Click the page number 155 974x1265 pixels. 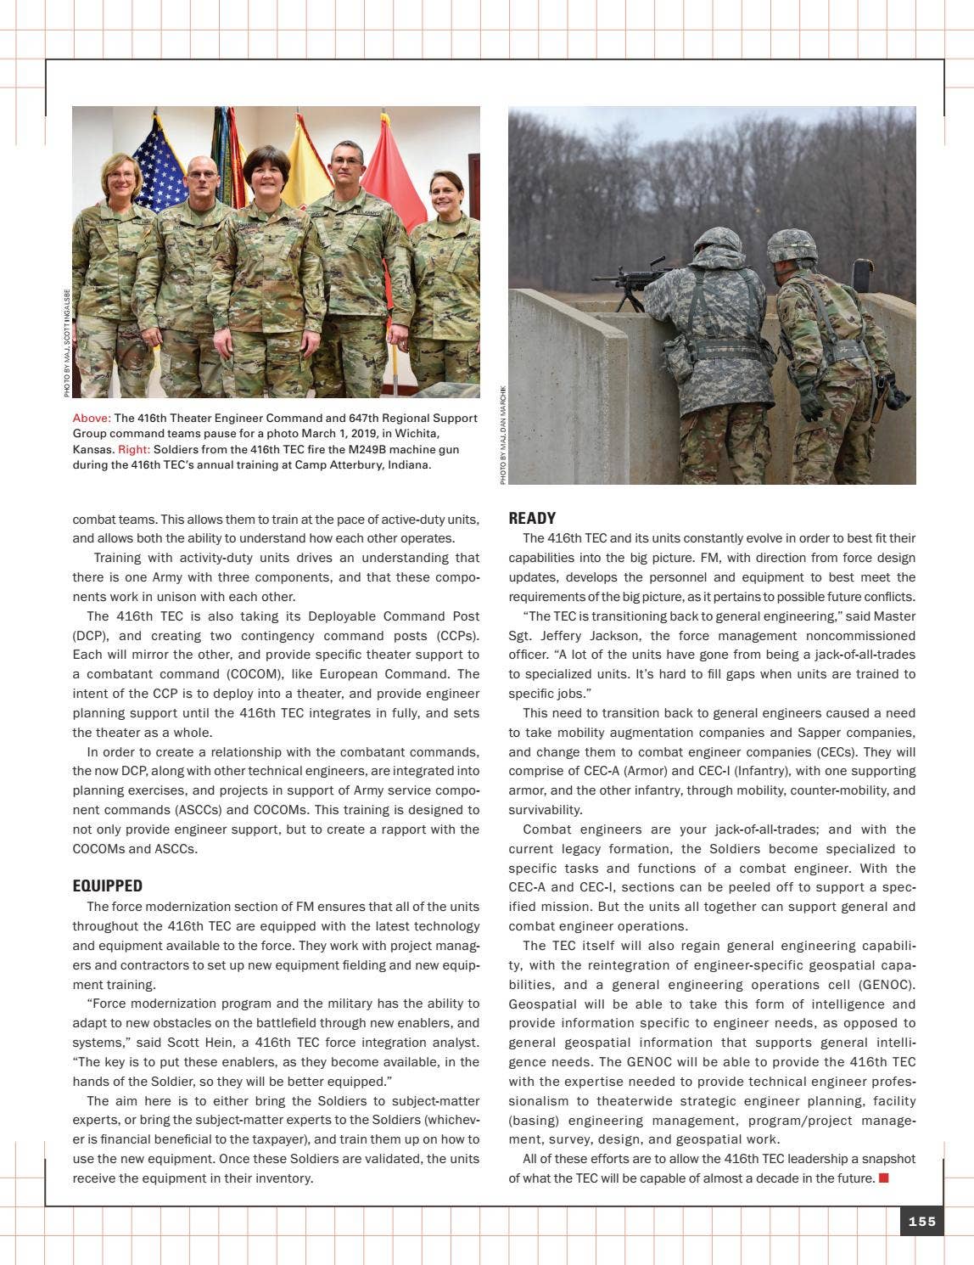point(921,1221)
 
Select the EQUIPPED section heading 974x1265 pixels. point(107,885)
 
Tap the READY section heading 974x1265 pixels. point(532,518)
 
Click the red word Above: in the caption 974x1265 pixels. point(92,418)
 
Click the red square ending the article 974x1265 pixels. point(883,1178)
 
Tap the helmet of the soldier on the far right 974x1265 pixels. point(791,245)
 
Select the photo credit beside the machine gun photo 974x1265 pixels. point(502,435)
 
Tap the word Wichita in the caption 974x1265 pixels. point(417,433)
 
